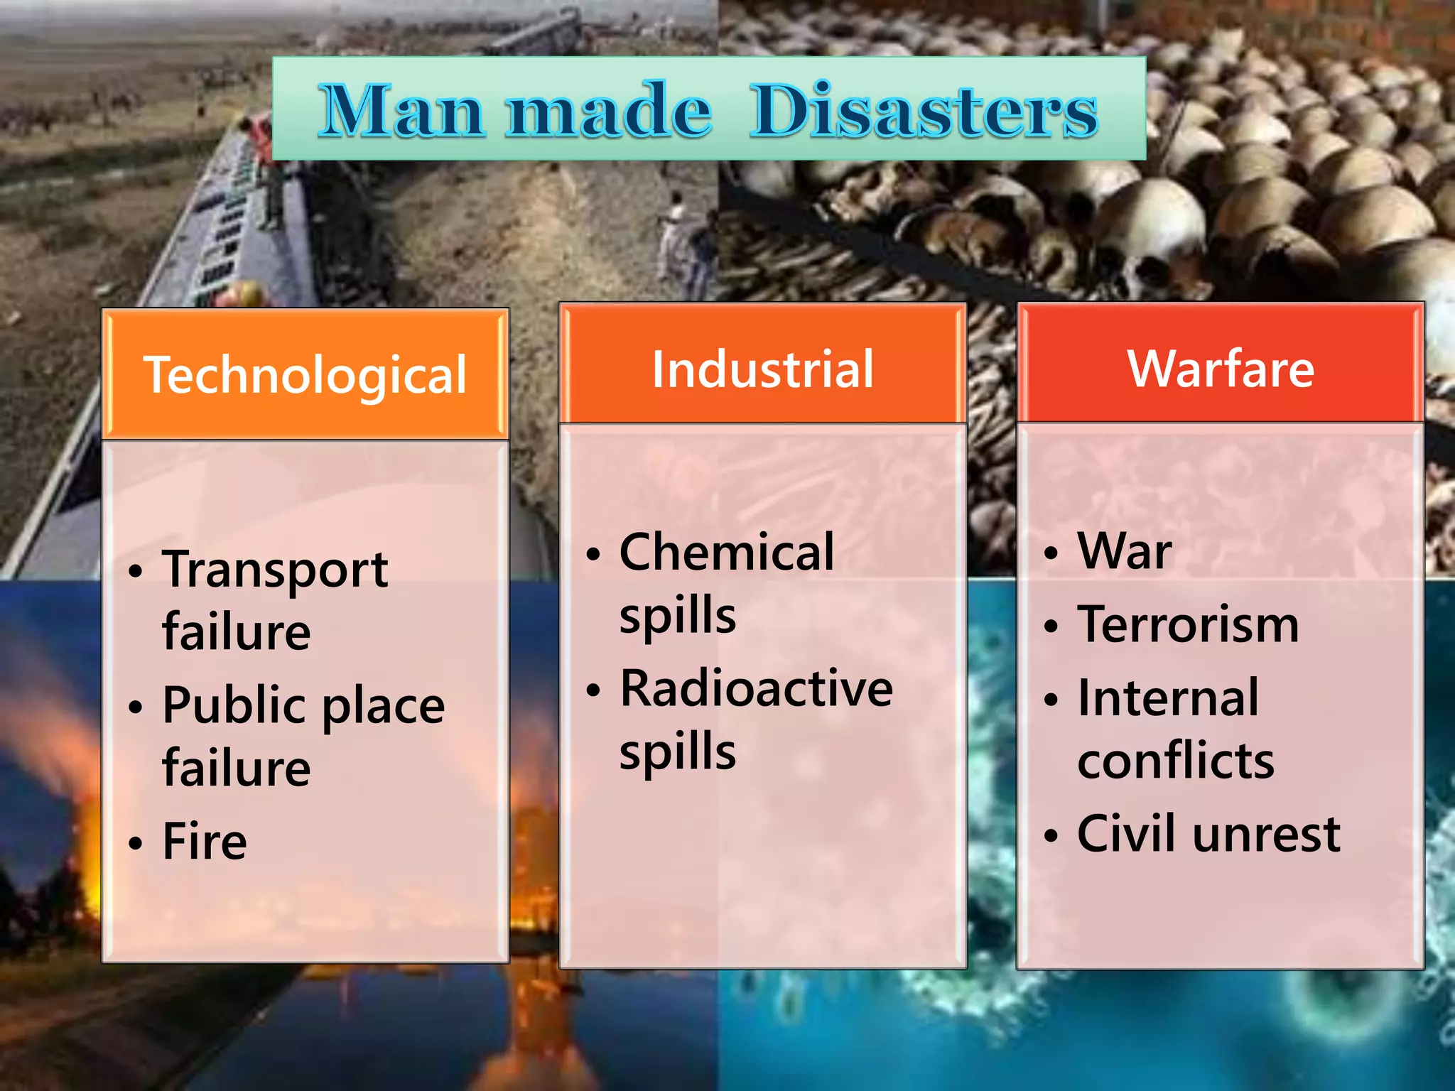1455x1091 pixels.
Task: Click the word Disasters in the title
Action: coord(924,110)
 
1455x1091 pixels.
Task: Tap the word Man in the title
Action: coord(401,110)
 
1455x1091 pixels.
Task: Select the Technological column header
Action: coord(305,374)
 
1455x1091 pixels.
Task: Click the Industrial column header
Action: coord(762,369)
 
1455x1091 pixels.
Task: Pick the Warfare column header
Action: coord(1221,369)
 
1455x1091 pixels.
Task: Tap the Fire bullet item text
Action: coord(205,842)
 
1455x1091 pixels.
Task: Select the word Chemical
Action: coord(727,552)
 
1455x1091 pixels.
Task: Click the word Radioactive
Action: coord(757,688)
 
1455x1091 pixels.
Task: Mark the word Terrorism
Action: coord(1188,624)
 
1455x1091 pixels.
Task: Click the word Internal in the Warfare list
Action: coord(1168,698)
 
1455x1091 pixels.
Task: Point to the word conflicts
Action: coord(1176,761)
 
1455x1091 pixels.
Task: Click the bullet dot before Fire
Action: coord(136,843)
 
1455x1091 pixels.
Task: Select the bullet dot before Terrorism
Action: coord(1051,626)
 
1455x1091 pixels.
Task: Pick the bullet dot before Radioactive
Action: coord(593,690)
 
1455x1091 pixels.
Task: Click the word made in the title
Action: coord(610,110)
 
